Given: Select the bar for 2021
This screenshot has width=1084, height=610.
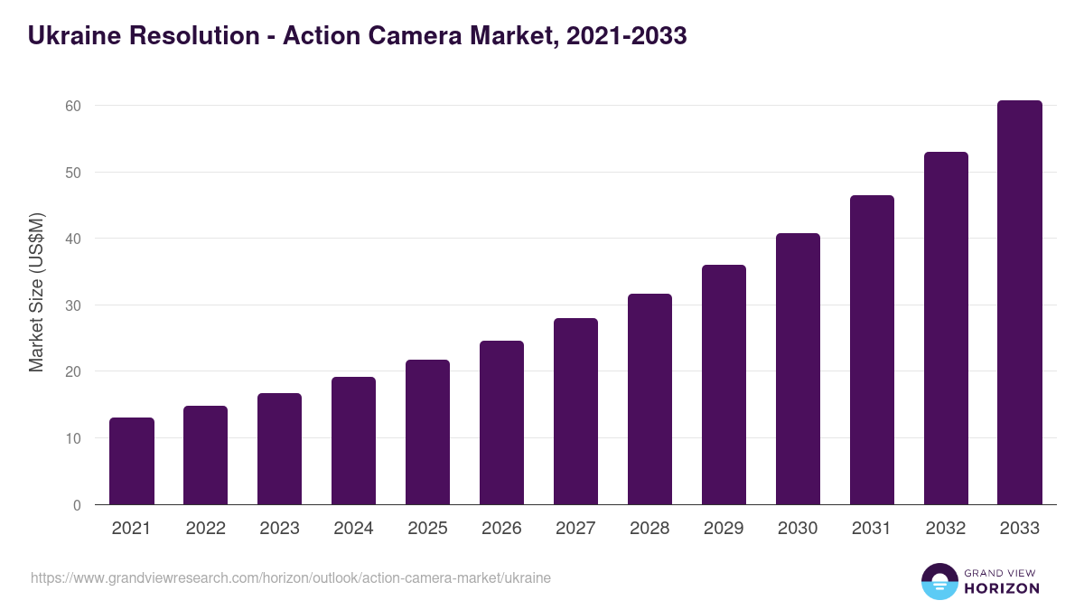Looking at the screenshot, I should pyautogui.click(x=132, y=461).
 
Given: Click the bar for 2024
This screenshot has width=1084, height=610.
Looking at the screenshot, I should pyautogui.click(x=353, y=441).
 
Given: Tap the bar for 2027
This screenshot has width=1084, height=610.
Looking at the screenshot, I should pyautogui.click(x=575, y=411).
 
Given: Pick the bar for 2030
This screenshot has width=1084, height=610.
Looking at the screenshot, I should pyautogui.click(x=798, y=369).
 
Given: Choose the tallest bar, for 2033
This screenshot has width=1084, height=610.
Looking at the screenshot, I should pyautogui.click(x=1020, y=303).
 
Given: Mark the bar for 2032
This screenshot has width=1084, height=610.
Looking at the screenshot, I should pyautogui.click(x=946, y=328).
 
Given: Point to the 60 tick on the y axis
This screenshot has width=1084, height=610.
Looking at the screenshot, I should pyautogui.click(x=73, y=106).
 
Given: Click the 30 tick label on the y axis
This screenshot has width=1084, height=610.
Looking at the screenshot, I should pyautogui.click(x=73, y=305).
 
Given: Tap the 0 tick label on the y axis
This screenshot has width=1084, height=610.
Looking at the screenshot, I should pyautogui.click(x=77, y=505).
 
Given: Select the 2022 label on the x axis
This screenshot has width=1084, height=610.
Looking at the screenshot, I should pyautogui.click(x=205, y=529).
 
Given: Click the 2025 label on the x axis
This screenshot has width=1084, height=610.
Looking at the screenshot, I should pyautogui.click(x=427, y=529).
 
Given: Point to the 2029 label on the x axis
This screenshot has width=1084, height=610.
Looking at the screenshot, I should pyautogui.click(x=724, y=529).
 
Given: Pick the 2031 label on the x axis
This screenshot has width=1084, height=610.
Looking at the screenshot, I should pyautogui.click(x=872, y=529).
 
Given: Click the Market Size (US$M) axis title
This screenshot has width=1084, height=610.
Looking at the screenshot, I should pyautogui.click(x=36, y=292).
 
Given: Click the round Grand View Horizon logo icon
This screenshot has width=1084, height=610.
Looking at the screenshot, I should pyautogui.click(x=939, y=581).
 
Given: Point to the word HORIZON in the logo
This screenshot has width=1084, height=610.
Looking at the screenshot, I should pyautogui.click(x=1001, y=588).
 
